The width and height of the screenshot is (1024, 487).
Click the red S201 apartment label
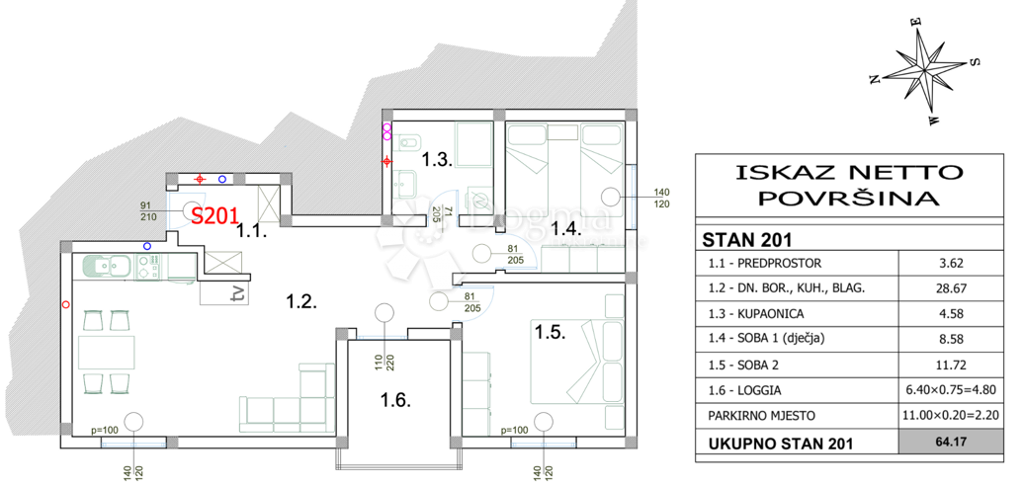pyautogui.click(x=213, y=215)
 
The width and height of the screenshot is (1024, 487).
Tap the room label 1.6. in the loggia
pyautogui.click(x=395, y=399)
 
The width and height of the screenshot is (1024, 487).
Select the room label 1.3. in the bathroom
pyautogui.click(x=436, y=159)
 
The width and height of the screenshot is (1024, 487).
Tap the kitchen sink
pyautogui.click(x=109, y=266)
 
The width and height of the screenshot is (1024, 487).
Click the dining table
pyautogui.click(x=107, y=353)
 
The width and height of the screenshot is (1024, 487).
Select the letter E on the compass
pyautogui.click(x=916, y=21)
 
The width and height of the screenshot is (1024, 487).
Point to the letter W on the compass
pyautogui.click(x=934, y=120)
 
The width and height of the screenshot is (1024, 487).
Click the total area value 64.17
pyautogui.click(x=951, y=444)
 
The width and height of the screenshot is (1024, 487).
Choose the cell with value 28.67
pyautogui.click(x=951, y=287)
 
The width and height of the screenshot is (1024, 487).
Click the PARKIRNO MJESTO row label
pyautogui.click(x=761, y=415)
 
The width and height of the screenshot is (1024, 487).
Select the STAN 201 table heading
pyautogui.click(x=746, y=240)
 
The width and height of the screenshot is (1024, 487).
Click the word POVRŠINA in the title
pyautogui.click(x=848, y=198)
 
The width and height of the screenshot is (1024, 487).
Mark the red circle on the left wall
pyautogui.click(x=64, y=304)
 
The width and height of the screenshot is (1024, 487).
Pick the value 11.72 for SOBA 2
pyautogui.click(x=951, y=365)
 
